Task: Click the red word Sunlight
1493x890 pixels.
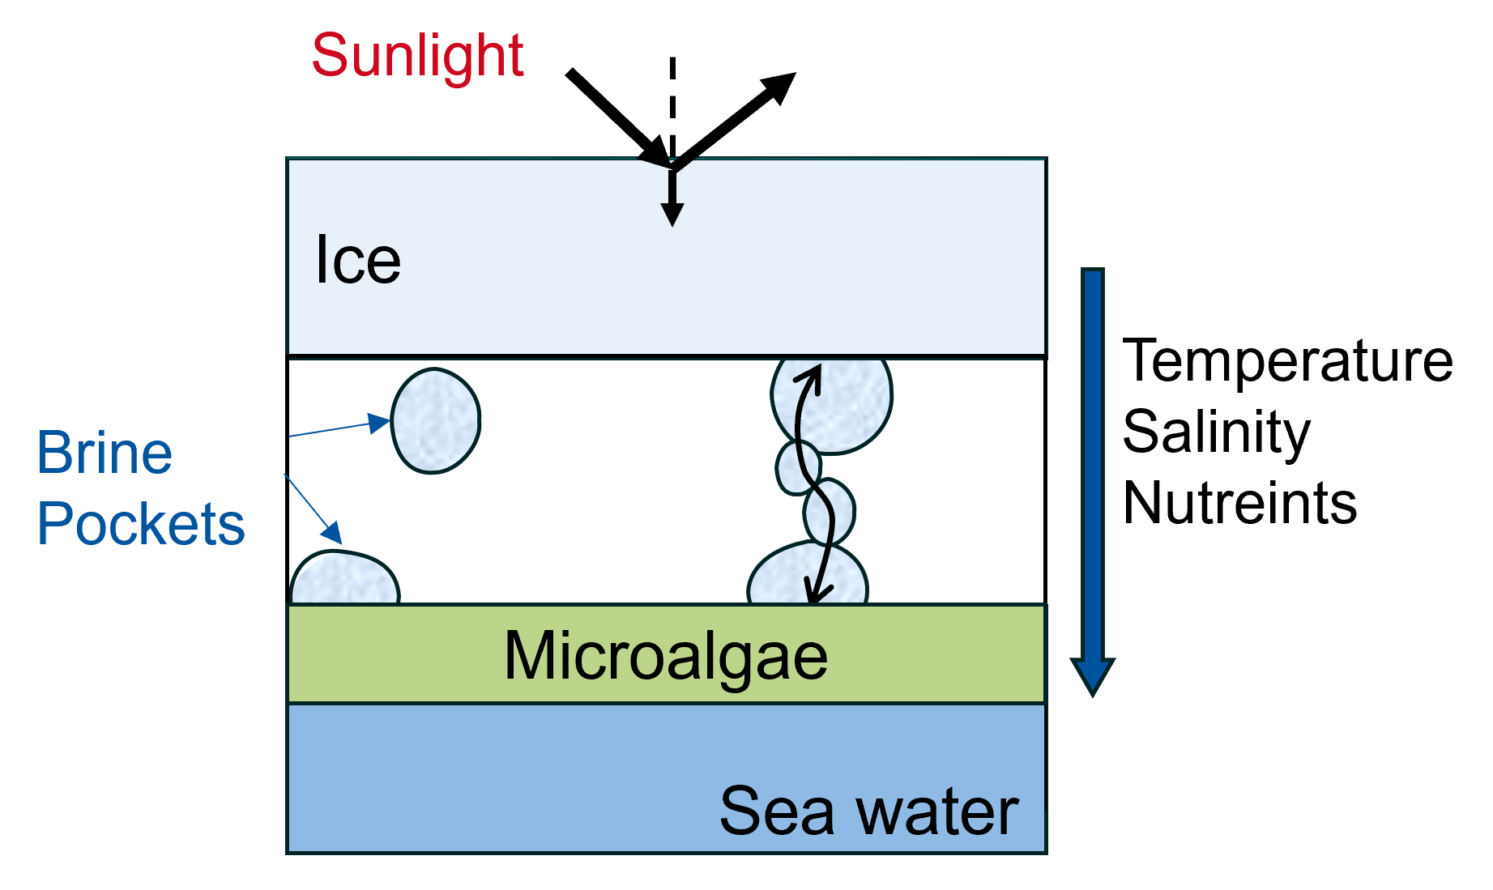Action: pyautogui.click(x=417, y=56)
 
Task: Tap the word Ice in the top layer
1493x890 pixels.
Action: pyautogui.click(x=357, y=261)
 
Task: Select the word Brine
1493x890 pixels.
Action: pyautogui.click(x=105, y=453)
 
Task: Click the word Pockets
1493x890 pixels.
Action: pyautogui.click(x=140, y=524)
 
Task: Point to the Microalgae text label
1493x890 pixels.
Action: pyautogui.click(x=665, y=655)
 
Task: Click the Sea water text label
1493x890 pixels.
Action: pyautogui.click(x=868, y=811)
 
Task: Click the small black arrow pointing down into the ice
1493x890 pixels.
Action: pyautogui.click(x=672, y=194)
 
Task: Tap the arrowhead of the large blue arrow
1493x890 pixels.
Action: pyautogui.click(x=1093, y=675)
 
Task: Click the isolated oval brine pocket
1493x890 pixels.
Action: pyautogui.click(x=436, y=421)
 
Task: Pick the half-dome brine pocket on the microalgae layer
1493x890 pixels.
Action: pyautogui.click(x=344, y=580)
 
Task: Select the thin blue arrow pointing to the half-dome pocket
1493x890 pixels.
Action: pyautogui.click(x=313, y=509)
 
